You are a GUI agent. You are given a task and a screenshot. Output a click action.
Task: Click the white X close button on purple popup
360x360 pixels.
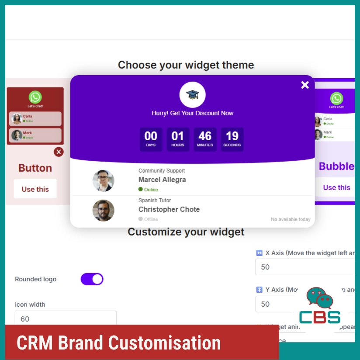pos(305,85)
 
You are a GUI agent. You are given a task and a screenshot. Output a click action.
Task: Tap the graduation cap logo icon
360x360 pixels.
pos(192,94)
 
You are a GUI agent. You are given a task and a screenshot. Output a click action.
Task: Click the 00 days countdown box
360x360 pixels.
pos(151,139)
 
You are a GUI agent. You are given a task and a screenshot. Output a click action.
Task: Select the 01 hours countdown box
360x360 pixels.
pos(178,139)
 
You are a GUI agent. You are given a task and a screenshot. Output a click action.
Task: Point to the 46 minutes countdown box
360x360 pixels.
pos(205,139)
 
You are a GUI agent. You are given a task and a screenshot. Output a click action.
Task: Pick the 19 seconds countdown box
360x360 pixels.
pos(232,139)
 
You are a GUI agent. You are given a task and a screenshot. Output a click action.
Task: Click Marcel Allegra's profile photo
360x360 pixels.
pos(104,181)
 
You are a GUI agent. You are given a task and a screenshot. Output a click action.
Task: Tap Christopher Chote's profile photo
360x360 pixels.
pos(104,211)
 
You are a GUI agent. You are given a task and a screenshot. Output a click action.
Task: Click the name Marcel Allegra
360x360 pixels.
pos(162,180)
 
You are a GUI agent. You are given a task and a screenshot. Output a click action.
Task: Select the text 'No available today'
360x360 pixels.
pos(291,219)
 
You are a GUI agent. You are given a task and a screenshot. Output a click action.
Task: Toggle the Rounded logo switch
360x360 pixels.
pos(92,279)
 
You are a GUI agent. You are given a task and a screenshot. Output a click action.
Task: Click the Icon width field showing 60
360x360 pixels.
pos(66,318)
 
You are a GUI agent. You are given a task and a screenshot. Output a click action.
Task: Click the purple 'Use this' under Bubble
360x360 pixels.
pos(336,187)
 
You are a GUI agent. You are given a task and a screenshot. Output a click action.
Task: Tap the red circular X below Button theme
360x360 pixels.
pos(59,152)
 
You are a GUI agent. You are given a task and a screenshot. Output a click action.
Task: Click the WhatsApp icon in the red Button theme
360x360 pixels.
pos(35,97)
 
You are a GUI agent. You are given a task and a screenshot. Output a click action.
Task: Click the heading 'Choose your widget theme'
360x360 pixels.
pos(186,65)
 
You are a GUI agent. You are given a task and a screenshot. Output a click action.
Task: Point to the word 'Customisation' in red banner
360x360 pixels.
pos(164,343)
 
